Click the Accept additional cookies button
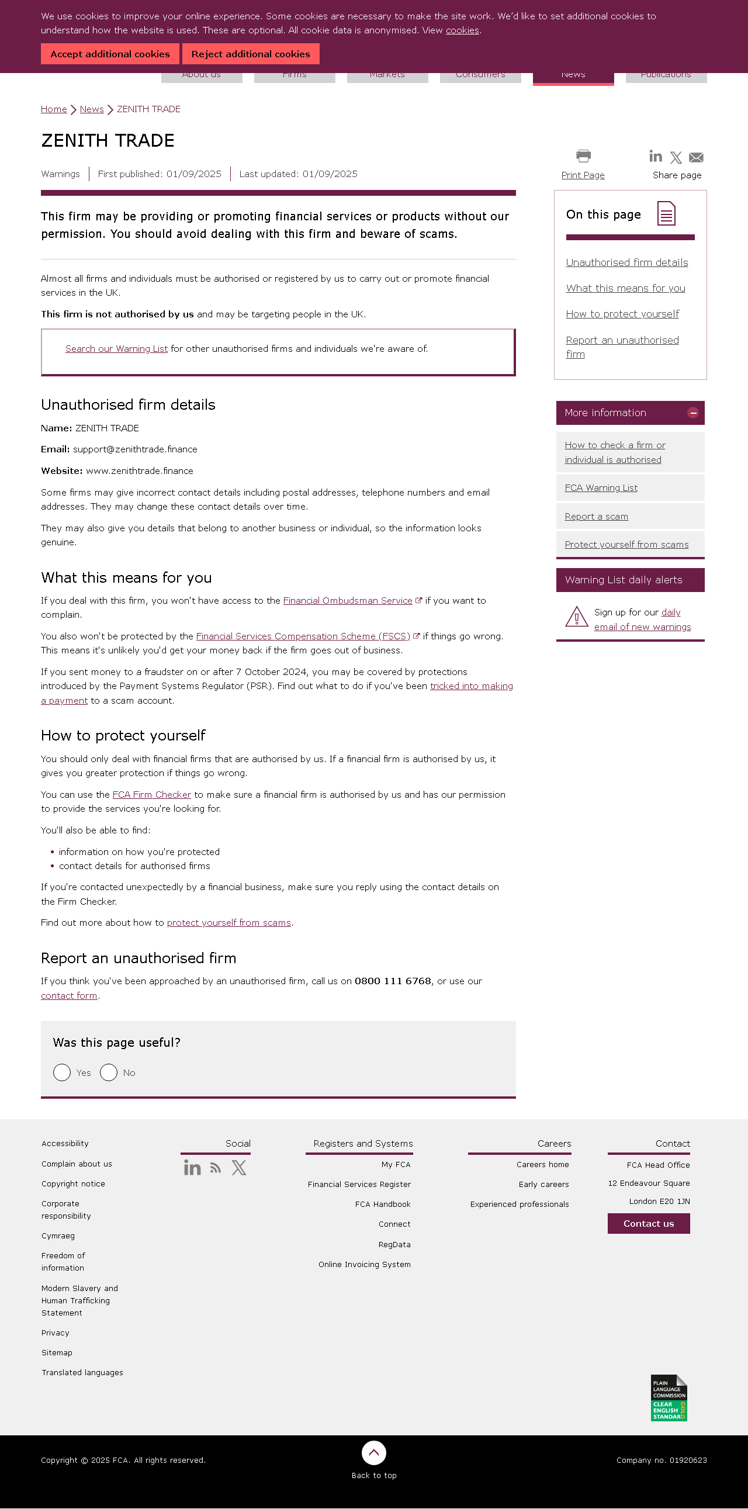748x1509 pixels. (x=110, y=54)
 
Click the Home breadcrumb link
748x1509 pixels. (x=54, y=109)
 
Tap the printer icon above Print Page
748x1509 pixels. (x=583, y=156)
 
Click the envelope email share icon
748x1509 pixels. (x=696, y=158)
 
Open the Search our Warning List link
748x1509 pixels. (x=116, y=349)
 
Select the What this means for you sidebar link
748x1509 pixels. (x=625, y=288)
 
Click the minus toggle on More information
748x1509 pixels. (x=693, y=413)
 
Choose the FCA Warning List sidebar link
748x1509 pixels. (x=600, y=488)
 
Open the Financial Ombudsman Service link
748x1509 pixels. (x=347, y=601)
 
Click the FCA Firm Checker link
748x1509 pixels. (x=151, y=795)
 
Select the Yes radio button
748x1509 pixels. (x=62, y=1072)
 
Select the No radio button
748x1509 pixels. (x=109, y=1072)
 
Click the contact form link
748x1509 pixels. (x=69, y=996)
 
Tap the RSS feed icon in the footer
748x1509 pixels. (x=216, y=1169)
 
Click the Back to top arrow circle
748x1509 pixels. (x=373, y=1453)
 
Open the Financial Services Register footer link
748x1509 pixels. (x=359, y=1185)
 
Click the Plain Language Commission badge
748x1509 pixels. (x=669, y=1398)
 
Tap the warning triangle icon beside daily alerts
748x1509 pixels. (x=576, y=617)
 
